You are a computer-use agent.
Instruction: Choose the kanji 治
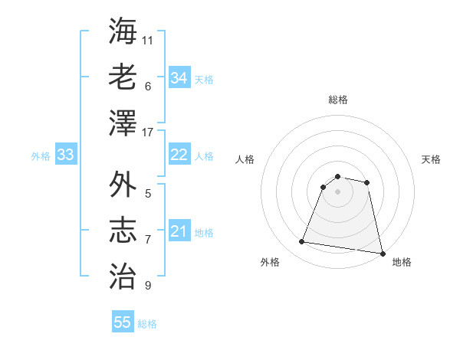coord(123,274)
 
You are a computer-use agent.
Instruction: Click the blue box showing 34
coord(179,77)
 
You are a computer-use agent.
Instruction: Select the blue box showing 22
coord(179,155)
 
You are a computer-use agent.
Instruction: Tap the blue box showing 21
coord(179,231)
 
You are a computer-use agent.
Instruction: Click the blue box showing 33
coord(65,155)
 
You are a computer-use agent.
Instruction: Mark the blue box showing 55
coord(123,322)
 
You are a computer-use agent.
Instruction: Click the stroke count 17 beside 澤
coord(148,133)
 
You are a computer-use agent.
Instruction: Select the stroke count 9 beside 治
coord(148,286)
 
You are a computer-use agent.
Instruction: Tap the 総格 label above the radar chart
coord(338,100)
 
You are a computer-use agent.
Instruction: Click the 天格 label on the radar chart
coord(431,159)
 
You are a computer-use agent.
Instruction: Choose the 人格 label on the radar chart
coord(245,159)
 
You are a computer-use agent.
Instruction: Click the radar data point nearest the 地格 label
coord(382,252)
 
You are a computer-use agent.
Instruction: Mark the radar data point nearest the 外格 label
coord(302,242)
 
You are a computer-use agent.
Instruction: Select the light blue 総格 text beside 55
coord(147,324)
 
